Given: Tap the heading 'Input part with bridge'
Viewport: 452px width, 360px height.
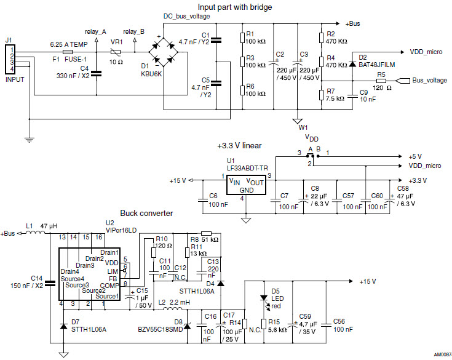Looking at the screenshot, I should [x=219, y=7].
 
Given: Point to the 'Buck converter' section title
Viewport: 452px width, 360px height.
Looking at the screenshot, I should [x=146, y=214].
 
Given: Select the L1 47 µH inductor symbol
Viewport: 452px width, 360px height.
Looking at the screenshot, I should [x=31, y=234].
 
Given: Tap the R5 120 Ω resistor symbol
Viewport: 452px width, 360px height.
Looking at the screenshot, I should [x=381, y=81].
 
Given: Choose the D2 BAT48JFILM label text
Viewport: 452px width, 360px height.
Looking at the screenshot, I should [x=376, y=63].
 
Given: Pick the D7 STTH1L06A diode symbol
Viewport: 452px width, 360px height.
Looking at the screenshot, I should [x=63, y=326].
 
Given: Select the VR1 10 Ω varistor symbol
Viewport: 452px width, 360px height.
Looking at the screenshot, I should [x=114, y=54].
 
